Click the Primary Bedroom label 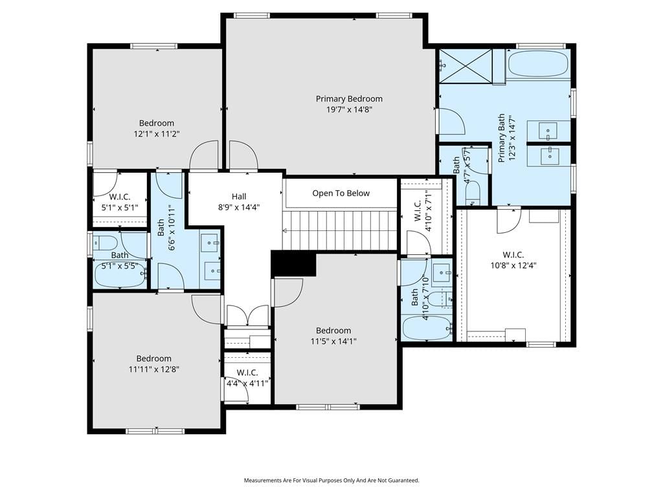coord(349,99)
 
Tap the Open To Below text coord(341,193)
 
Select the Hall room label coord(239,197)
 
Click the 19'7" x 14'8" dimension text coord(349,110)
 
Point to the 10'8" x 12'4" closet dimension coord(513,266)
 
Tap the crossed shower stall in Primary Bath coord(466,65)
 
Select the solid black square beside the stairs coord(293,263)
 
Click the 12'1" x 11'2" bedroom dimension coord(157,134)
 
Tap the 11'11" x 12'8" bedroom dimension coord(154,370)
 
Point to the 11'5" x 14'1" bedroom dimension coord(333,342)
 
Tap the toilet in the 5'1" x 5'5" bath coord(106,243)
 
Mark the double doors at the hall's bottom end coord(247,315)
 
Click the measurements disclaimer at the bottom coord(331,481)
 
